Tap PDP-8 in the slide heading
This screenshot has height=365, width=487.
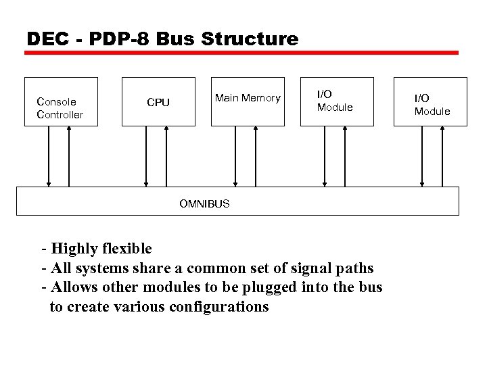pos(114,39)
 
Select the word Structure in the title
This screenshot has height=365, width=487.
pos(250,39)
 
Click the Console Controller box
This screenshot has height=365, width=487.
pos(61,101)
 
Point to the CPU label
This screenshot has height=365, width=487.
pos(158,102)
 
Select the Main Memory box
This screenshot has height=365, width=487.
pos(247,101)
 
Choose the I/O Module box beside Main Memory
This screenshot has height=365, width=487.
pos(335,101)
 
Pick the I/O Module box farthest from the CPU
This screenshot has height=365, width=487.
pos(431,101)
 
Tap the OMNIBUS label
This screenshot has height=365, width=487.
pos(204,203)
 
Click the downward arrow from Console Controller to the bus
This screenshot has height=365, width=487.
pos(49,156)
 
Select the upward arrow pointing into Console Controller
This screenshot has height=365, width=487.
pos(69,156)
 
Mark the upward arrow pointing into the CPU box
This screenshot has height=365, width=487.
pos(166,156)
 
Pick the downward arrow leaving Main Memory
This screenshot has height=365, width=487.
pos(235,156)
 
